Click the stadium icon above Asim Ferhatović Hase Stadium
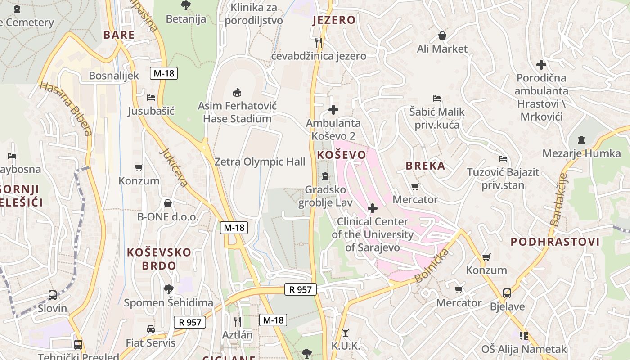[x=237, y=93]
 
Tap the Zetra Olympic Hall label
[x=260, y=162]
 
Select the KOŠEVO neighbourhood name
[x=342, y=155]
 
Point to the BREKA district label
[x=425, y=166]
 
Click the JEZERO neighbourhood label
[x=334, y=20]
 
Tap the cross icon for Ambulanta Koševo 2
[x=333, y=110]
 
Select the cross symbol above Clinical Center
[x=373, y=208]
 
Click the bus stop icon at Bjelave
[x=507, y=293]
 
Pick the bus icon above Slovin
[x=53, y=295]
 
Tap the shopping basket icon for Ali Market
[x=442, y=36]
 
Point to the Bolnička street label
[x=432, y=265]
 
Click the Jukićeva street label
[x=174, y=167]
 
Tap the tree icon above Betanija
[x=185, y=5]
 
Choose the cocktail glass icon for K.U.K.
[x=346, y=333]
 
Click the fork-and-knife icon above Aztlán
[x=237, y=321]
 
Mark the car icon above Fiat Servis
[x=151, y=329]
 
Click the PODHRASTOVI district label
[x=555, y=242]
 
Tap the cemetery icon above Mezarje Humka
[x=581, y=140]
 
